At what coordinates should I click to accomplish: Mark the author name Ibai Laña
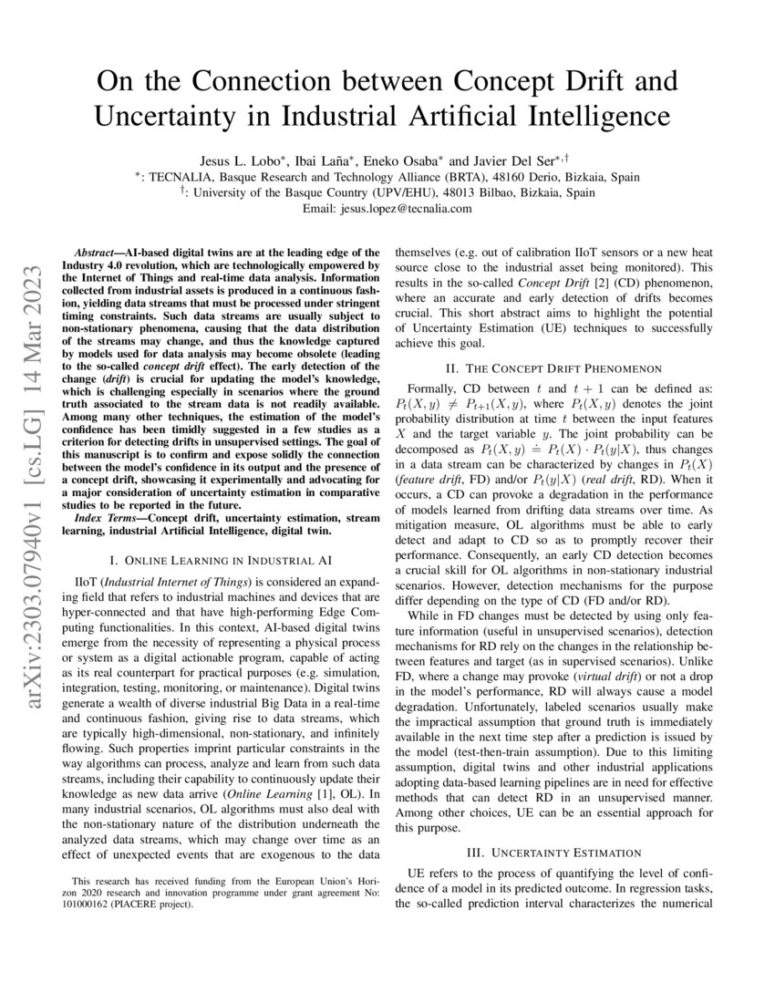[x=324, y=160]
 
